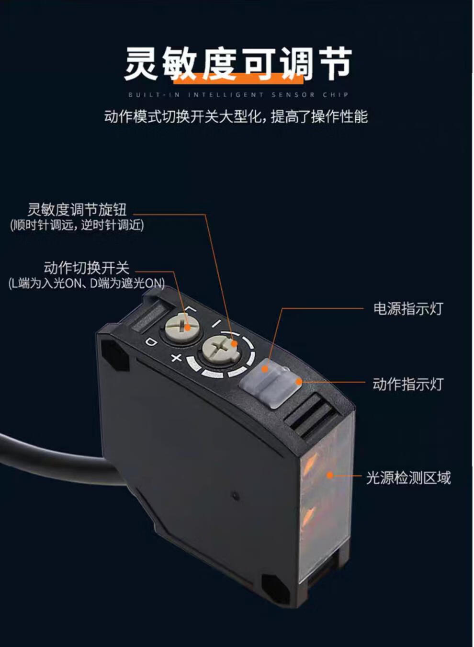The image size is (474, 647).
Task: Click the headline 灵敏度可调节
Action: [238, 64]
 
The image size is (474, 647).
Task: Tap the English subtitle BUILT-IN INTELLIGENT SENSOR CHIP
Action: [238, 95]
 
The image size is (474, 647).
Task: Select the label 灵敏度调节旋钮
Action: [77, 210]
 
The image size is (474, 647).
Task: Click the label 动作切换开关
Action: [87, 268]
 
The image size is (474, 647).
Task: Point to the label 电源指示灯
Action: [408, 308]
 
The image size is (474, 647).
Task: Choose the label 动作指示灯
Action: [408, 384]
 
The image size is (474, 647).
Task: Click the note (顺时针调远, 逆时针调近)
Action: [77, 225]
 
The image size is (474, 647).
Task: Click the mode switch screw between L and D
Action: [182, 327]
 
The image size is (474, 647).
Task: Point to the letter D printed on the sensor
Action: [151, 342]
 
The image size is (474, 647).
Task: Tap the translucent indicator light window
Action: [270, 382]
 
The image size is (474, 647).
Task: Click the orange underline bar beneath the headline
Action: [238, 79]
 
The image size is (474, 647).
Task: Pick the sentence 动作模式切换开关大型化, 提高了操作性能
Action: [236, 117]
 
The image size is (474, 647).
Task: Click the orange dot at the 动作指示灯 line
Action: [299, 382]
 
